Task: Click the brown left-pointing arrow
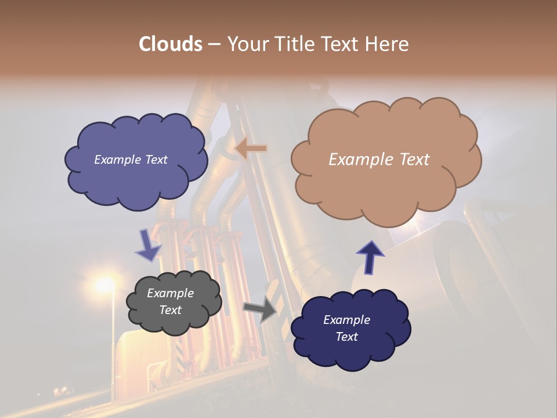pyautogui.click(x=251, y=149)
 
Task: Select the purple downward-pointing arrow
pyautogui.click(x=148, y=245)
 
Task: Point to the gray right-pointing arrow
pyautogui.click(x=261, y=309)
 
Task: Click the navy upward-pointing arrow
pyautogui.click(x=370, y=256)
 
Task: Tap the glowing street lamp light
pyautogui.click(x=105, y=284)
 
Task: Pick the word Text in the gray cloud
pyautogui.click(x=171, y=310)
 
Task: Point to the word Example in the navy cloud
pyautogui.click(x=346, y=320)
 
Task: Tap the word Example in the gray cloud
pyautogui.click(x=171, y=293)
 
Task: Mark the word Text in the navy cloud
pyautogui.click(x=346, y=337)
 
